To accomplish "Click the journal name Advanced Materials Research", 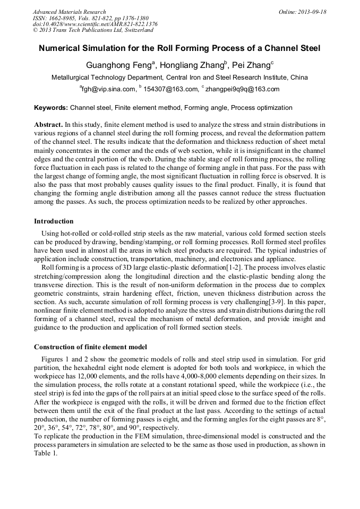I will (x=69, y=12).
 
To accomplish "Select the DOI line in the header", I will (x=95, y=24).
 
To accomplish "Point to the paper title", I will (x=179, y=48).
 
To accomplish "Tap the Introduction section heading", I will (x=54, y=221).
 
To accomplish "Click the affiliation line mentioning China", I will (x=179, y=77).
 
